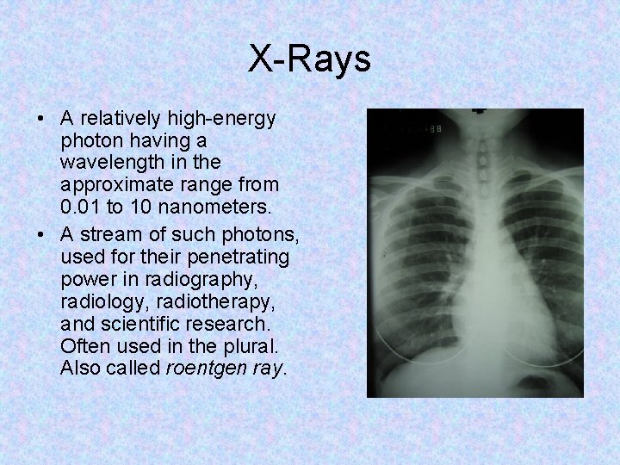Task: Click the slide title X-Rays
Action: pos(310,59)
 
